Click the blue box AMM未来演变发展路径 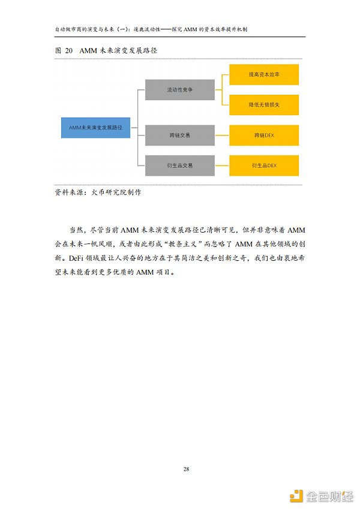click(95, 128)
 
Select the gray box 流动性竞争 click(180, 90)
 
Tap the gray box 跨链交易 click(180, 135)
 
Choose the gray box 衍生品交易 click(180, 165)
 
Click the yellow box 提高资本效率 click(264, 75)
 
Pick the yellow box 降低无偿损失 click(264, 105)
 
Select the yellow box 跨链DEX click(264, 135)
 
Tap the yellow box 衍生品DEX click(264, 165)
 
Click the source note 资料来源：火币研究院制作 click(98, 193)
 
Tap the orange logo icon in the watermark click(295, 495)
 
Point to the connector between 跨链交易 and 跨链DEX click(222, 135)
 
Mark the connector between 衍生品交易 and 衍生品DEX click(222, 165)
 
